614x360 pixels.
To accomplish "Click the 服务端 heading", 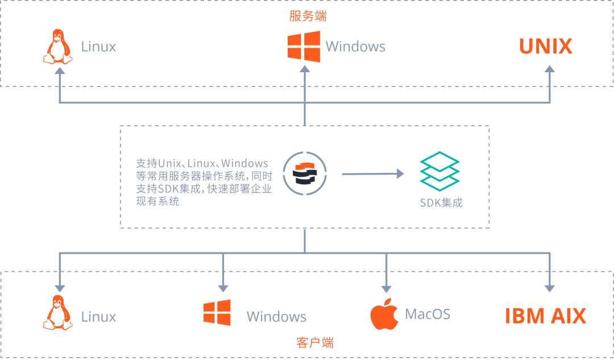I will coord(308,15).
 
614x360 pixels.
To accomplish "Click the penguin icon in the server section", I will coord(58,48).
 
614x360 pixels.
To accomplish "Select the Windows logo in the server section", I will coord(303,47).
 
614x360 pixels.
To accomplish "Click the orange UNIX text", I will coord(546,47).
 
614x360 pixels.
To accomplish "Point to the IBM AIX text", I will coord(546,316).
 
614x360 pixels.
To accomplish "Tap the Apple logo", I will coord(383,314).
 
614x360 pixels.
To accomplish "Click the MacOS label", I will coord(428,314).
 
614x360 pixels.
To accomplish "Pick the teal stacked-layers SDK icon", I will coord(439,170).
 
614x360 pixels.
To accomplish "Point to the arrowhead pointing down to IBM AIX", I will coord(550,287).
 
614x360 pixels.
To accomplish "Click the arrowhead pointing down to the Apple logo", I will coord(387,287).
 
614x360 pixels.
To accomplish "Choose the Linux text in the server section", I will coord(99,47).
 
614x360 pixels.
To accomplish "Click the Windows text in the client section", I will coord(276,317).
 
